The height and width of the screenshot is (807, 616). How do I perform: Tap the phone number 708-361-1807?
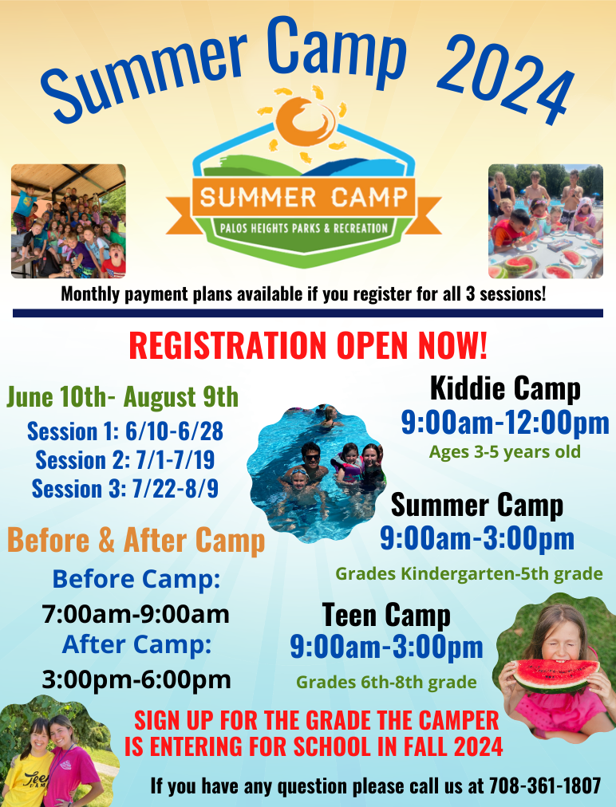[545, 785]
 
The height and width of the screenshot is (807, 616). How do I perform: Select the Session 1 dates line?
[125, 431]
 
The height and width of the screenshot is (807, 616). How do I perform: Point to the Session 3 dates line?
[125, 487]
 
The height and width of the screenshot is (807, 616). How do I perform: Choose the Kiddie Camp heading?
[505, 388]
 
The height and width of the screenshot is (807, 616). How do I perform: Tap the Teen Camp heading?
[386, 615]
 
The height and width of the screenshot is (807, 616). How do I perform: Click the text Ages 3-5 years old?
[505, 452]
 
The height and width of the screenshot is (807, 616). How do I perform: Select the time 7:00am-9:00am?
[136, 615]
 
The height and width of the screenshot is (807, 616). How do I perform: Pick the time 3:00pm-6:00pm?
[136, 679]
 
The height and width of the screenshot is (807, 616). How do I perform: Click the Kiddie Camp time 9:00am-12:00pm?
[505, 423]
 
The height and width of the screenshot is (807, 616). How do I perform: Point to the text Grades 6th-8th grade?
[386, 682]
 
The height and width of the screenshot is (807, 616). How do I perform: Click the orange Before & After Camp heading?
[136, 541]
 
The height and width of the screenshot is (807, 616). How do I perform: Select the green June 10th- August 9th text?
[123, 396]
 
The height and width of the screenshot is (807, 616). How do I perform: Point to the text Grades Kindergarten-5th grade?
[468, 573]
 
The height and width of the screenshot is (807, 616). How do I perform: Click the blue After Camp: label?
[136, 644]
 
